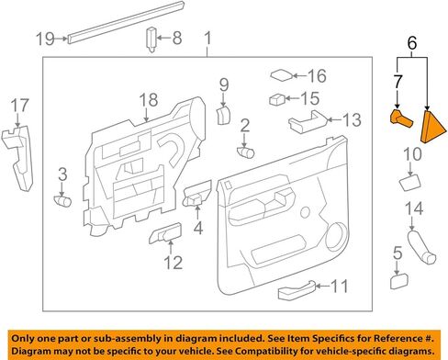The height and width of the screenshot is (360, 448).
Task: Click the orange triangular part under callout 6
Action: tap(431, 127)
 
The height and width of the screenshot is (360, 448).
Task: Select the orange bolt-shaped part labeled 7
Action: tap(401, 118)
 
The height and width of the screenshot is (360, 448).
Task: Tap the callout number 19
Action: tap(45, 39)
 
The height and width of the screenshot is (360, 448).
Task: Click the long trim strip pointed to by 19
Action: tap(126, 22)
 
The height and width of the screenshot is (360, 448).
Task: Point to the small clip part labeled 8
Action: tap(151, 39)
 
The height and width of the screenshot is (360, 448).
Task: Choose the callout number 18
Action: tap(149, 99)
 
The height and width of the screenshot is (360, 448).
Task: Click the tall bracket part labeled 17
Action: tap(17, 158)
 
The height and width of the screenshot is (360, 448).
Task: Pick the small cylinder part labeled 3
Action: tap(62, 201)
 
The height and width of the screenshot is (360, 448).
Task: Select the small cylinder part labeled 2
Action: tap(245, 152)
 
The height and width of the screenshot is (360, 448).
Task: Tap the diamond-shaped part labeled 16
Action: tap(282, 75)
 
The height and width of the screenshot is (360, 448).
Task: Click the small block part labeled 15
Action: tap(277, 99)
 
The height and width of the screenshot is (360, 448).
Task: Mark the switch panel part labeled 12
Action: tap(165, 233)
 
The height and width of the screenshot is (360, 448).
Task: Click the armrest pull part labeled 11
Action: tap(297, 289)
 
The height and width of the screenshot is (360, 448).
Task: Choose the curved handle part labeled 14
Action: tap(421, 247)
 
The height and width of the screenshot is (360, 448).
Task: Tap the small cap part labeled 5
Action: tap(399, 281)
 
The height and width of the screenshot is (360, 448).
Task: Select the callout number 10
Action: tap(412, 154)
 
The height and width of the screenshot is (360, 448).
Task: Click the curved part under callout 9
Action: tap(224, 115)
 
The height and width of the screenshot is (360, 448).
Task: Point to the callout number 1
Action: tap(207, 39)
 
